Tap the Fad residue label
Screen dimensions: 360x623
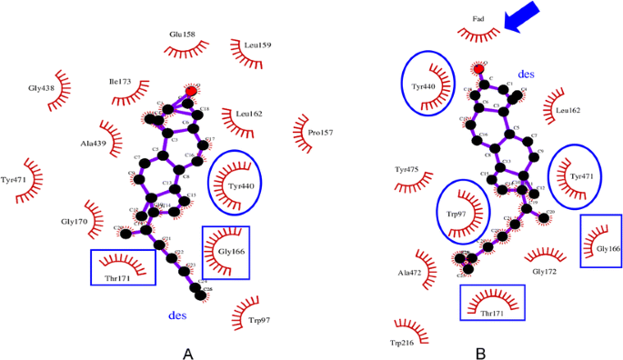(479, 18)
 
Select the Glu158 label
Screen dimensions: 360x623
(182, 35)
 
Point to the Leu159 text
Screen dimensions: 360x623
(257, 45)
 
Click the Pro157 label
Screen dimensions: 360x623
(320, 133)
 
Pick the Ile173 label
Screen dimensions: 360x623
(120, 81)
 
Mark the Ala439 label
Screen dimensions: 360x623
(93, 143)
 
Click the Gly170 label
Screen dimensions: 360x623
(75, 221)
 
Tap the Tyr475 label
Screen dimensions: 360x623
(407, 169)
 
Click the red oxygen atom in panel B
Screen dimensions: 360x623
(479, 68)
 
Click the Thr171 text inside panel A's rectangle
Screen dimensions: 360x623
(122, 278)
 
